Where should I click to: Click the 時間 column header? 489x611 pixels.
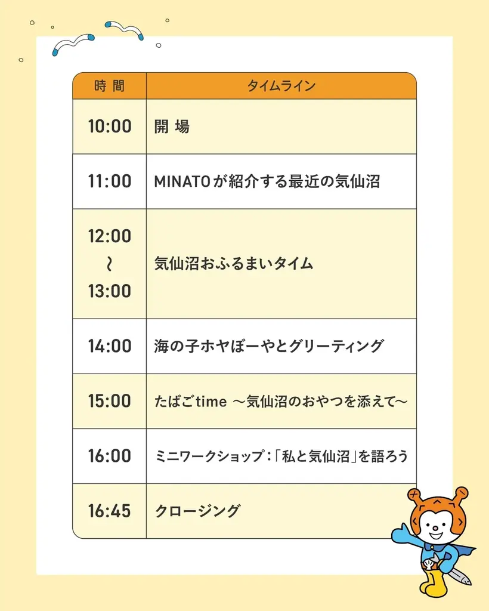110,86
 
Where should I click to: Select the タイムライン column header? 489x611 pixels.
281,86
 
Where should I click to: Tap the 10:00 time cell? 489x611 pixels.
110,126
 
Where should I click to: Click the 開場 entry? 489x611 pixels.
172,126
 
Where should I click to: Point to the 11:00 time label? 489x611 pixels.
110,181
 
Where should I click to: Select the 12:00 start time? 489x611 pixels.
110,236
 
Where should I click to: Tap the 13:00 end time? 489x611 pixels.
110,291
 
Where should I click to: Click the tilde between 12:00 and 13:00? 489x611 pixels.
110,264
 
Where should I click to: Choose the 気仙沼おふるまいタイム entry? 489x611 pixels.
234,264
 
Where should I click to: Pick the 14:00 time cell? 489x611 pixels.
110,346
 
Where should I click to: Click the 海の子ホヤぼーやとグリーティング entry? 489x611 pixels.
269,346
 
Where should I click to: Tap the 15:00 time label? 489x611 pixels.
110,401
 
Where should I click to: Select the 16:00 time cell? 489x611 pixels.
110,456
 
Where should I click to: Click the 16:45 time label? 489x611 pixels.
110,511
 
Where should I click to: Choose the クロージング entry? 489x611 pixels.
197,511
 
